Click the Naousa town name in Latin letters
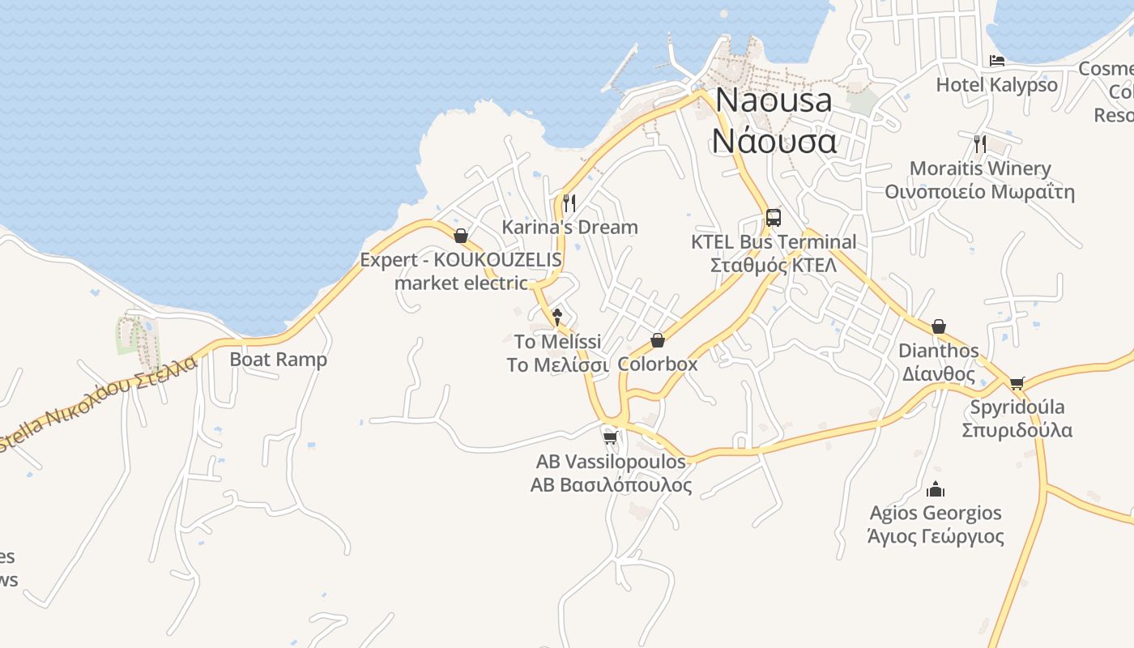774,100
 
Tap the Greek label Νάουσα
774,140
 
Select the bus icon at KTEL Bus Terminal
774,217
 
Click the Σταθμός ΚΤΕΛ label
773,266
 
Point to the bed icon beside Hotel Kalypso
997,61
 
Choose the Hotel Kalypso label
996,84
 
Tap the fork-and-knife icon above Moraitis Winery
980,144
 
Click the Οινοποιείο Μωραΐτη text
979,192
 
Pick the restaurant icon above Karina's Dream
569,202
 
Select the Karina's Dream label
569,227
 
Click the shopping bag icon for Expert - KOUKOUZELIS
461,236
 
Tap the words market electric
461,283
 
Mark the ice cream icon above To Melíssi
557,317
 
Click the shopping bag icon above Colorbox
658,340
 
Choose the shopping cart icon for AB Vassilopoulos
611,437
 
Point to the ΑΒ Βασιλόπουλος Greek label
611,485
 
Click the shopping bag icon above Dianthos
939,326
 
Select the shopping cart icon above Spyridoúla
1017,383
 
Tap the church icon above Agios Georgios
936,489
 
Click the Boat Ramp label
279,360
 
